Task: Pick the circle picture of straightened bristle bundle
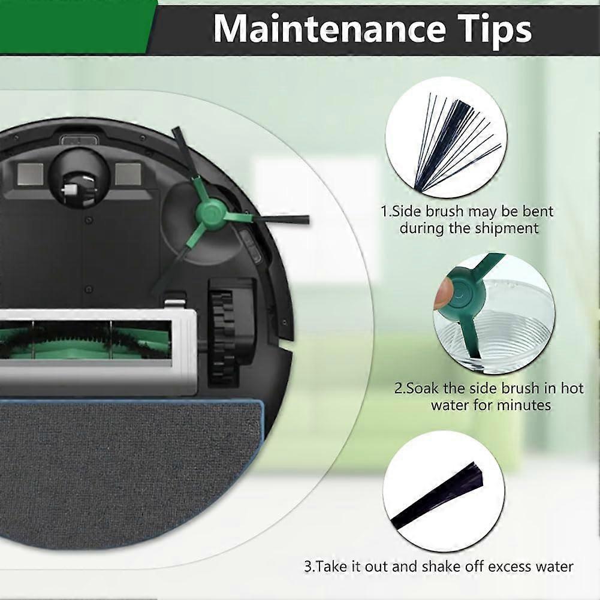(444, 492)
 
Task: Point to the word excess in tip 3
(513, 566)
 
